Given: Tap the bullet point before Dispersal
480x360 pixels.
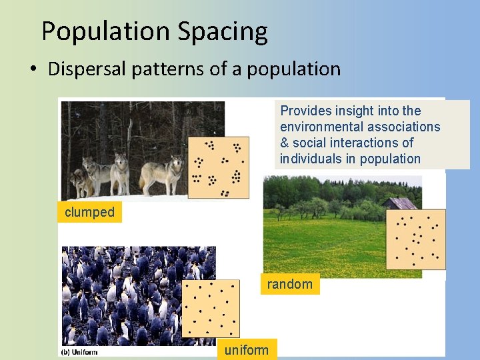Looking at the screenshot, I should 33,69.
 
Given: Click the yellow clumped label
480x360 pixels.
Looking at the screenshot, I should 89,213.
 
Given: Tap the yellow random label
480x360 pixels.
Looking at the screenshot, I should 289,284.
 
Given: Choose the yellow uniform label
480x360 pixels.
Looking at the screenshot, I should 246,349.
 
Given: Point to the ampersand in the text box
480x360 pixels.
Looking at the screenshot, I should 284,143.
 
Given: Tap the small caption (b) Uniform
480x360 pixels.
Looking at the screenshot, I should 79,352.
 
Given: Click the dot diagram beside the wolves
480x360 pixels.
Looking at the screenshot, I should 219,167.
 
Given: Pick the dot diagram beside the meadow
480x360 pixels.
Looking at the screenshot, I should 416,239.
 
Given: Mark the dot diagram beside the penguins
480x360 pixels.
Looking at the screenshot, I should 210,309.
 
